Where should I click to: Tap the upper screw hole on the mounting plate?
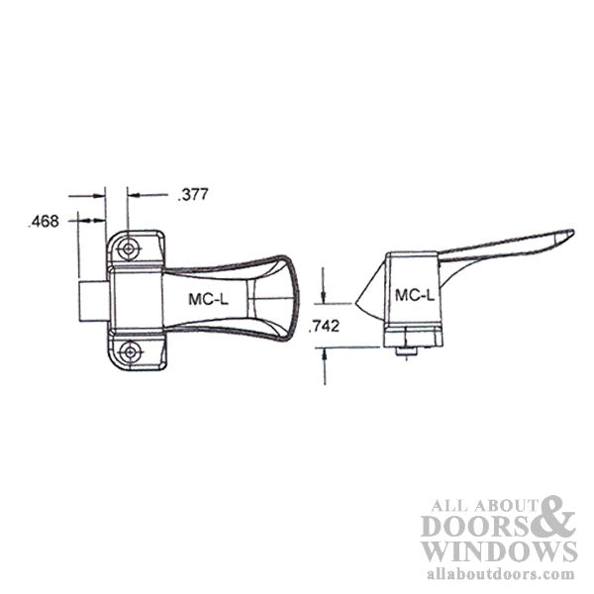[x=127, y=250]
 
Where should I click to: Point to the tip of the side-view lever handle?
[x=570, y=234]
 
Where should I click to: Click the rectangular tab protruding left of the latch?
[x=91, y=299]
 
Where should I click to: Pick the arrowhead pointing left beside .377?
[x=133, y=195]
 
